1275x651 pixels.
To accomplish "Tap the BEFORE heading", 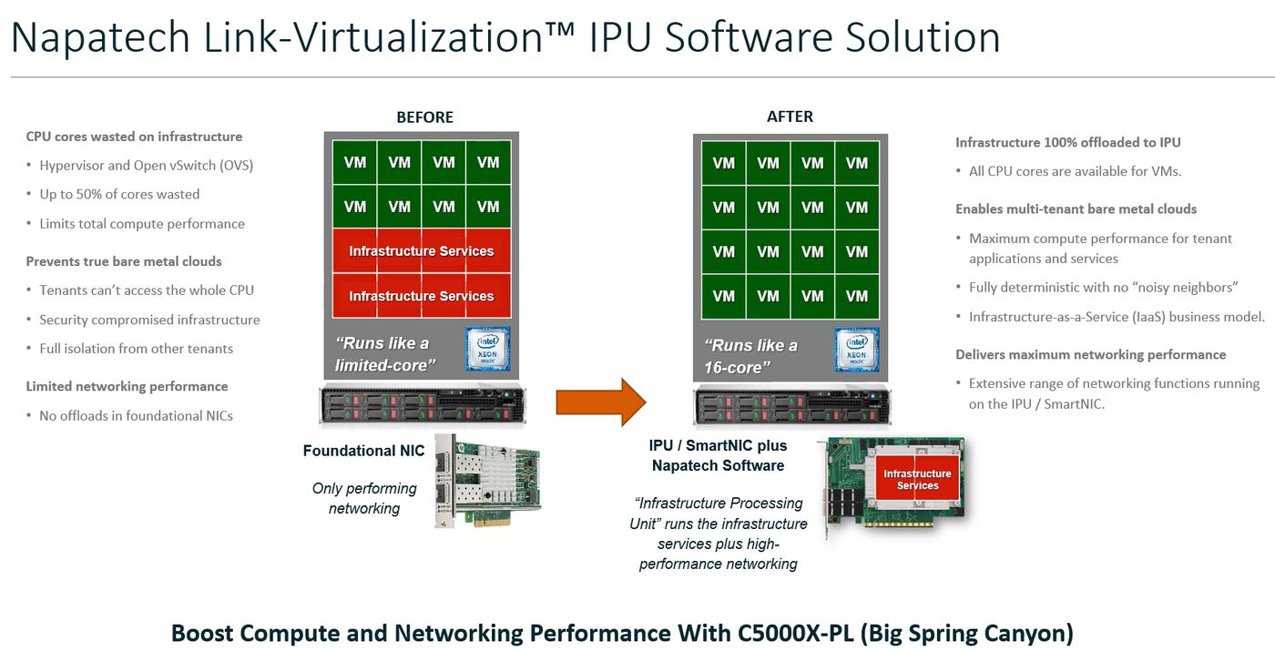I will tap(424, 117).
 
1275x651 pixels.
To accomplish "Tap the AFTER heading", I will tap(790, 117).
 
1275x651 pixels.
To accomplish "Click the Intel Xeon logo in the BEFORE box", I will tap(488, 350).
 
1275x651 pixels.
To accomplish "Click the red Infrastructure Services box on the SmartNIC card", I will tap(917, 479).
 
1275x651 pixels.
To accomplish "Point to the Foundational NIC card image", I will tap(487, 480).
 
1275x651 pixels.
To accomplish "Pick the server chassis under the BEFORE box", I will tap(422, 404).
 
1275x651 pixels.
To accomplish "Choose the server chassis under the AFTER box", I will tap(790, 404).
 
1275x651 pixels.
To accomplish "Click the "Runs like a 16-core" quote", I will tap(750, 356).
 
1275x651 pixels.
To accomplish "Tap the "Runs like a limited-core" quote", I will tap(386, 354).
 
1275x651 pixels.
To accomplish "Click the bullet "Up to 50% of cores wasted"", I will tap(119, 194).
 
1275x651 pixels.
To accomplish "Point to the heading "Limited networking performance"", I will tap(127, 386).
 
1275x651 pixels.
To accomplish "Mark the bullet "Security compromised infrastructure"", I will tap(149, 320).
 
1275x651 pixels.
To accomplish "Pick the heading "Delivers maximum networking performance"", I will tap(1090, 354).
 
